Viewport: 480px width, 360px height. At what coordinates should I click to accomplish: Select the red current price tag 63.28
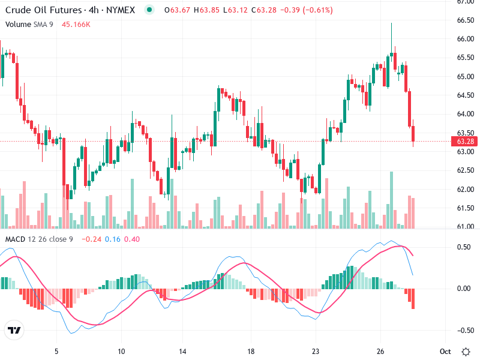pyautogui.click(x=465, y=142)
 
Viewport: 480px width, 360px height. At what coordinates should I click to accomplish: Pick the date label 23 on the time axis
pyautogui.click(x=316, y=350)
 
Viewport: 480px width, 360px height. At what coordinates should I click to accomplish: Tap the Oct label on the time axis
pyautogui.click(x=445, y=350)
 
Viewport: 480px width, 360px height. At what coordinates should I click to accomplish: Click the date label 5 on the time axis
pyautogui.click(x=56, y=350)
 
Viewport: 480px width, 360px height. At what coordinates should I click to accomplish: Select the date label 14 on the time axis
pyautogui.click(x=187, y=350)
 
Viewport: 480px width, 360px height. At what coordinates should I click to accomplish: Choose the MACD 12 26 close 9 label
pyautogui.click(x=39, y=239)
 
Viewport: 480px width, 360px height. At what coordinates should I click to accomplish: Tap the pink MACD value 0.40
pyautogui.click(x=132, y=239)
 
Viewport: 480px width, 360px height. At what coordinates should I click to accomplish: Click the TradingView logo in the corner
pyautogui.click(x=14, y=330)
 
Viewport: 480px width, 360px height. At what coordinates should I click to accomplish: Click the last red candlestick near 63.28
pyautogui.click(x=413, y=134)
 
